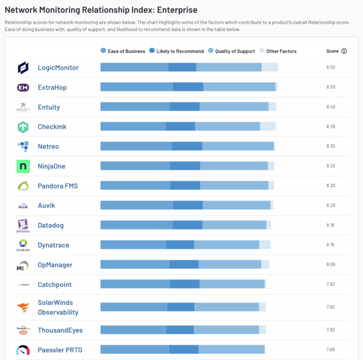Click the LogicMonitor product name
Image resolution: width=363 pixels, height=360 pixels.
click(x=58, y=68)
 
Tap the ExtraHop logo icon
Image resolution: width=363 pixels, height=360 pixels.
click(x=23, y=87)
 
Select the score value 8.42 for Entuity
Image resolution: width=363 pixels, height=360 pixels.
click(x=330, y=107)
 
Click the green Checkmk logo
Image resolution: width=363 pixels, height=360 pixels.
click(x=23, y=127)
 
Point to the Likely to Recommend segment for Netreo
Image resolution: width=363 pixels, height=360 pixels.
click(x=187, y=146)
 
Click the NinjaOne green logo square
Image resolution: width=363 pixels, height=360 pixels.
click(x=23, y=166)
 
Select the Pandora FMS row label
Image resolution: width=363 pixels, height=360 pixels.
click(x=58, y=186)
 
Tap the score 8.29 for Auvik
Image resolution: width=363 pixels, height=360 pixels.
click(x=330, y=206)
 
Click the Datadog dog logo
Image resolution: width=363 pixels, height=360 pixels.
click(x=23, y=226)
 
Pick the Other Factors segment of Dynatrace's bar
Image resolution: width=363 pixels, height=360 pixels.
click(x=265, y=245)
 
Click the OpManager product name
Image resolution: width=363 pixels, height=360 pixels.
click(x=55, y=265)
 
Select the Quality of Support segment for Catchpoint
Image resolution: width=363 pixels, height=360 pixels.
click(x=232, y=284)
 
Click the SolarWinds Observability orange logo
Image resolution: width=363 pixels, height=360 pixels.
click(x=23, y=308)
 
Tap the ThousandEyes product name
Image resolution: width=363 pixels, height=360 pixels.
click(x=60, y=330)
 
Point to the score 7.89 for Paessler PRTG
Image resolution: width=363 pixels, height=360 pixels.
click(x=330, y=350)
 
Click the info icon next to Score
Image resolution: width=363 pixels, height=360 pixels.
click(x=344, y=51)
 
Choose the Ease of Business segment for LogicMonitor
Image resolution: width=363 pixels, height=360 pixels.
click(x=134, y=68)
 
